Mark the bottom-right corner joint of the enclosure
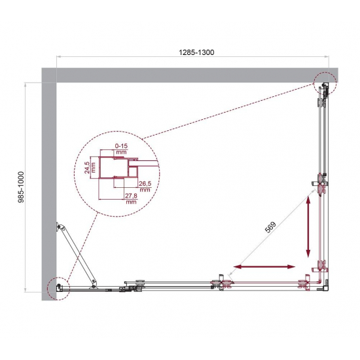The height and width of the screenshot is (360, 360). pyautogui.click(x=323, y=285)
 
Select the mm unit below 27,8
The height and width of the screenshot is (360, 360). pyautogui.click(x=130, y=202)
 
